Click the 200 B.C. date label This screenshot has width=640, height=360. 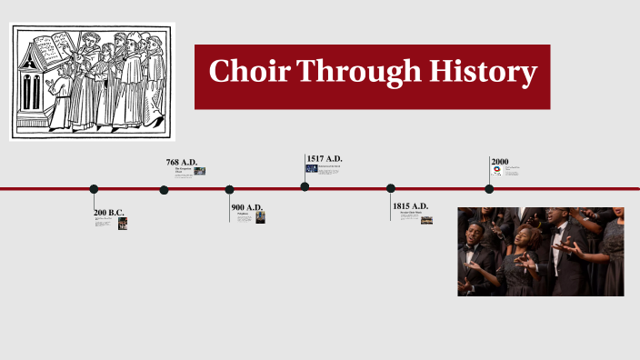(109, 212)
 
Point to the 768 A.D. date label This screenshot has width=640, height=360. (181, 162)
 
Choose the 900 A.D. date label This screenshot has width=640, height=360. (247, 207)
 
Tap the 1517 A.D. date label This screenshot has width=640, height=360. (325, 158)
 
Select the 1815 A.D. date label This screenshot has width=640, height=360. (410, 206)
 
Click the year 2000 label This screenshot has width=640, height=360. (499, 161)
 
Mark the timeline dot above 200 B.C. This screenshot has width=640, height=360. (94, 189)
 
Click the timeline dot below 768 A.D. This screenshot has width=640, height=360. (164, 190)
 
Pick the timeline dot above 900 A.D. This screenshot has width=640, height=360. (229, 189)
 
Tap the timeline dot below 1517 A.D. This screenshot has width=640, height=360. (305, 186)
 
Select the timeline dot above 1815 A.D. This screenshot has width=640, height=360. (391, 188)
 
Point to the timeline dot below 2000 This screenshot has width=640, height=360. (489, 189)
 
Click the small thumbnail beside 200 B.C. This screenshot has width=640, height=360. (123, 224)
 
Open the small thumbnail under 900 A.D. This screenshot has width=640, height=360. (260, 218)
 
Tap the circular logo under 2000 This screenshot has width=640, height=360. (496, 170)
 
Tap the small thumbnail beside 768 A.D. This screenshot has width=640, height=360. (200, 171)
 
